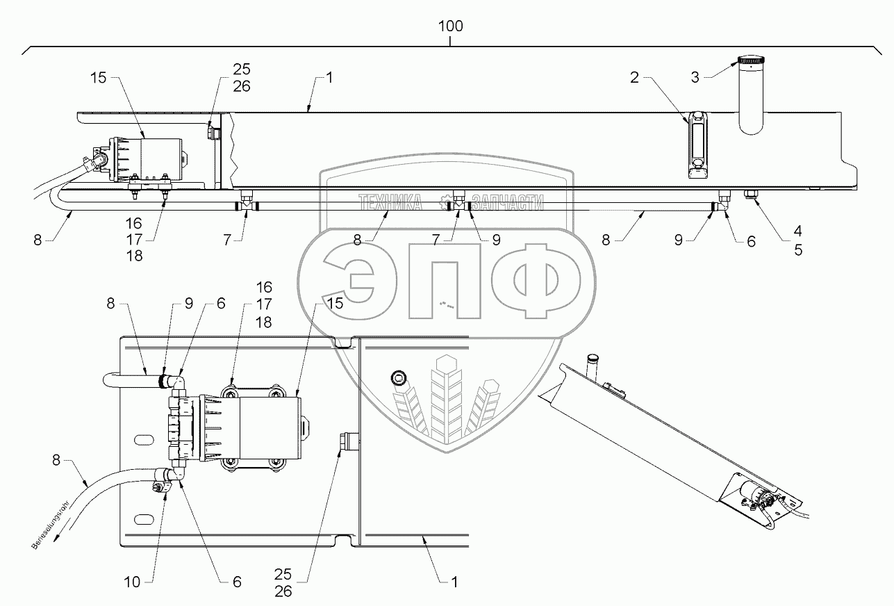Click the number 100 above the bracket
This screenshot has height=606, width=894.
click(x=450, y=26)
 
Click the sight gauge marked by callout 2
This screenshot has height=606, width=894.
click(x=697, y=145)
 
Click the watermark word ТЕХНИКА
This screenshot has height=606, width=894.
click(x=390, y=202)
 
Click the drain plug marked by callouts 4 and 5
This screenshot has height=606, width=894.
click(x=750, y=195)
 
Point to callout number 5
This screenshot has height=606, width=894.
click(x=798, y=251)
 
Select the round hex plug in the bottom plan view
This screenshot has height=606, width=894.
click(x=399, y=379)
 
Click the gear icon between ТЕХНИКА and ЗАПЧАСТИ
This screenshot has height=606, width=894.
click(x=445, y=203)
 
